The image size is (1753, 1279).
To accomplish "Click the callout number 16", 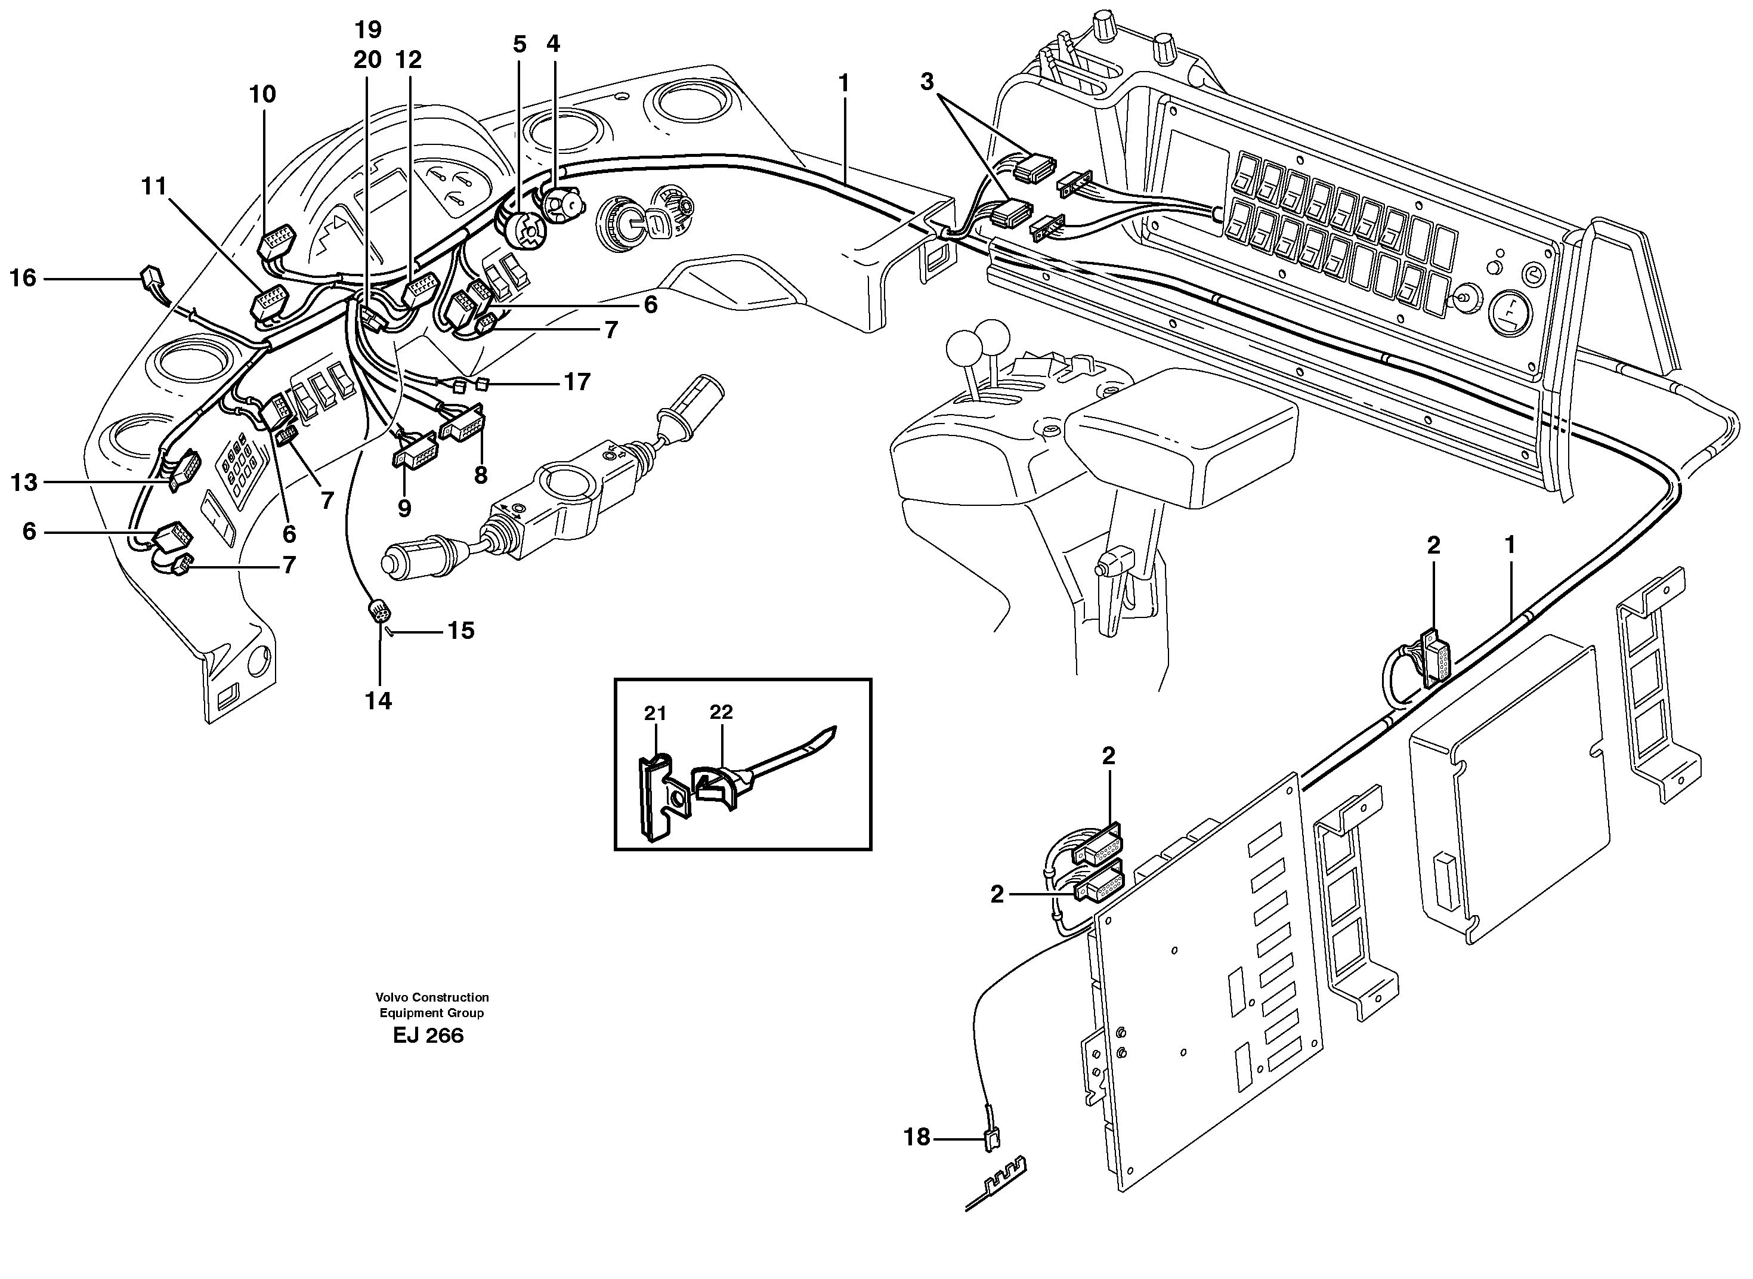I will (x=23, y=278).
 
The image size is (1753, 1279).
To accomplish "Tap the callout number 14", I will (x=379, y=702).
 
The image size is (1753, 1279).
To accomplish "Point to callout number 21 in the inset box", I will (x=655, y=713).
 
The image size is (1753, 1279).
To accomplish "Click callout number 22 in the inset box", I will (x=721, y=712).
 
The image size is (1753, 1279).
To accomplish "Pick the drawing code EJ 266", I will (x=428, y=1036).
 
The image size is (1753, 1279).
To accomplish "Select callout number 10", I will (x=262, y=94).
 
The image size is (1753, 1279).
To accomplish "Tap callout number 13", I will (x=23, y=483).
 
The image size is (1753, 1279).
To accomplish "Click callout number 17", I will (x=577, y=382).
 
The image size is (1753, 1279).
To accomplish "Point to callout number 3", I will (x=927, y=81).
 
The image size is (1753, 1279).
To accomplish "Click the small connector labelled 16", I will (x=152, y=277).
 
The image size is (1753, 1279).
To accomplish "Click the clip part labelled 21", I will (x=656, y=798).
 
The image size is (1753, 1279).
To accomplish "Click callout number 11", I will (x=154, y=187).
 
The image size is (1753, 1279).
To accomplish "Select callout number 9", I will (x=404, y=509).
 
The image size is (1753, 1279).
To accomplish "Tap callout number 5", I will (x=520, y=45).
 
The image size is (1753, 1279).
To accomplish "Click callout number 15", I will (x=460, y=631).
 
